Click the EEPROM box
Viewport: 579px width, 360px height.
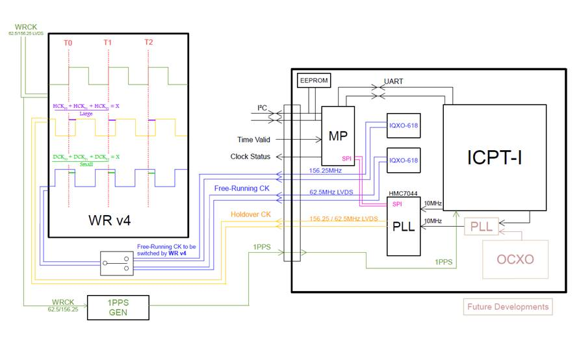coord(313,81)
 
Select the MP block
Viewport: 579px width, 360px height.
coord(338,135)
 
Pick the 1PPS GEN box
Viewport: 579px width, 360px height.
coord(119,305)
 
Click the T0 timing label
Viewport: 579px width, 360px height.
coord(68,42)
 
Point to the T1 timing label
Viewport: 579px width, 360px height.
coord(108,42)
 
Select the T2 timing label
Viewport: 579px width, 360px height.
coord(149,42)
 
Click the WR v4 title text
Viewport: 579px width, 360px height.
coord(109,220)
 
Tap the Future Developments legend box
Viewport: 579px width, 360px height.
coord(508,307)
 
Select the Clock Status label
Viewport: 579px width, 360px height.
coord(250,157)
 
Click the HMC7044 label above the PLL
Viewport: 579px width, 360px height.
coord(403,193)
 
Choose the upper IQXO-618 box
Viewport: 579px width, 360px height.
coord(404,125)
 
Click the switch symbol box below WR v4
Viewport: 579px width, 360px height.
coord(116,263)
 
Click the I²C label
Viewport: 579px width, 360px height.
coord(263,108)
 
